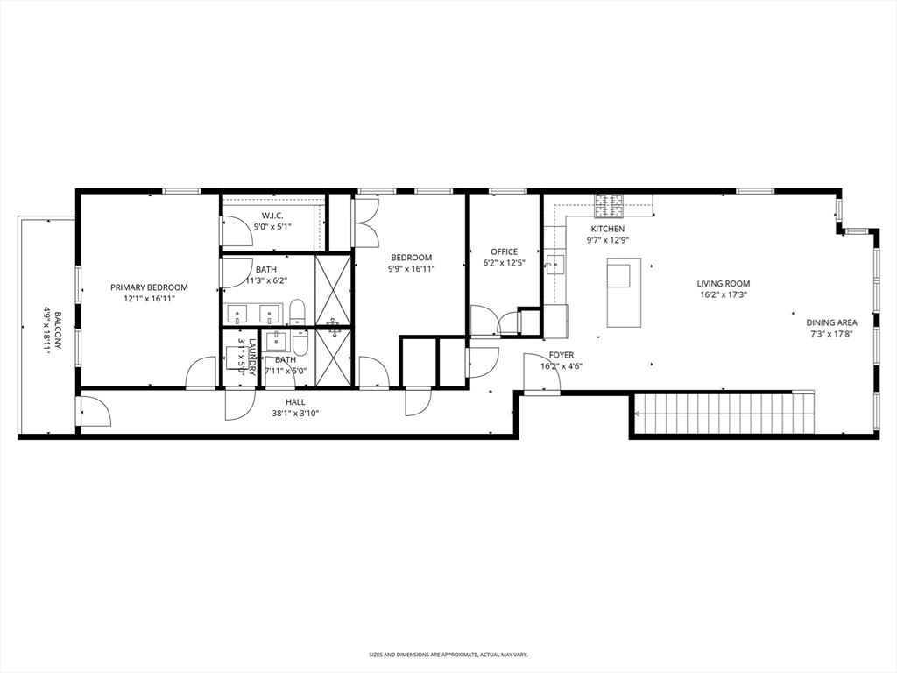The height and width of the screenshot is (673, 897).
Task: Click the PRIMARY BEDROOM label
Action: [149, 287]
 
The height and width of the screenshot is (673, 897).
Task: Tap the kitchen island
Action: [624, 292]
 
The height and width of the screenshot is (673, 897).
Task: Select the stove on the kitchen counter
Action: [609, 206]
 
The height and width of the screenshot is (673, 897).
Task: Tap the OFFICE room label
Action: [504, 252]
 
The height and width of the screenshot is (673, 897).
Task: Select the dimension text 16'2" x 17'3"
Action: [723, 295]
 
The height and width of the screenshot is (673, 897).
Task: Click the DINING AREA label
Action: [831, 322]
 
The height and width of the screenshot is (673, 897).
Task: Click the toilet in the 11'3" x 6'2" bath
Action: [297, 311]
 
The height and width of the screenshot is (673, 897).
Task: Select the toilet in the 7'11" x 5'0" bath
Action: [300, 343]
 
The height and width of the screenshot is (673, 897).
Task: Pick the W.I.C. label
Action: [272, 216]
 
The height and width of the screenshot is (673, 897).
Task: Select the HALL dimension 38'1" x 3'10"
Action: [295, 413]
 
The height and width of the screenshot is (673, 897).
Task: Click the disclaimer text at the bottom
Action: [448, 655]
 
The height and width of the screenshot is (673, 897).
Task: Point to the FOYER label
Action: [562, 355]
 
